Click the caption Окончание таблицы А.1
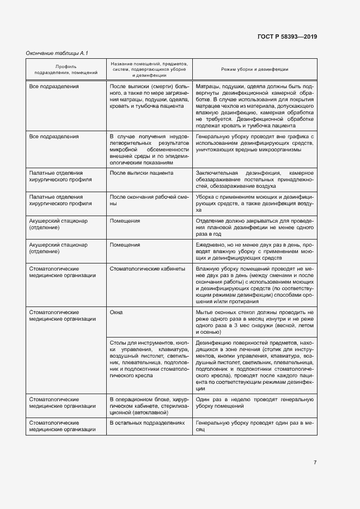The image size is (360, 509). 57,53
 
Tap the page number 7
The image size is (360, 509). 315,463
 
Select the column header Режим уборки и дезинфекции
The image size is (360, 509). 254,70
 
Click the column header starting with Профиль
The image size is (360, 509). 66,69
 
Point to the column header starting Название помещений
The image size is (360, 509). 149,70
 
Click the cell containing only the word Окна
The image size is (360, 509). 117,312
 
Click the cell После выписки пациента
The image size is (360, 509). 142,173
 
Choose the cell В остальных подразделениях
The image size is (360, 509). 147,422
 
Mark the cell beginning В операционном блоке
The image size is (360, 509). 149,406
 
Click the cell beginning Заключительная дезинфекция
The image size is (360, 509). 254,179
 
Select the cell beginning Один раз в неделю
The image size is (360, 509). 254,403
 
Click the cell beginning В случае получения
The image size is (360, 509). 149,148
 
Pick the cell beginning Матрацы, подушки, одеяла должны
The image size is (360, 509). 254,106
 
